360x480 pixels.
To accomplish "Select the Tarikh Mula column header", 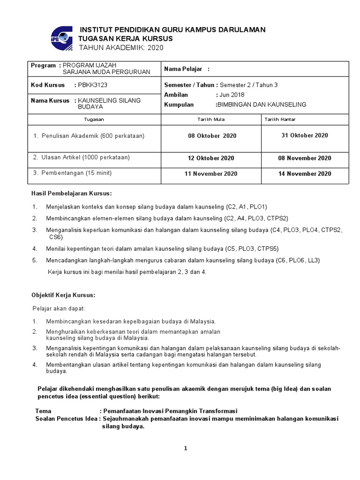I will pyautogui.click(x=212, y=120).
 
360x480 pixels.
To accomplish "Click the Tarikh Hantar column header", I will pyautogui.click(x=280, y=120).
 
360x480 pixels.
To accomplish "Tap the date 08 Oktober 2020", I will pyautogui.click(x=212, y=136).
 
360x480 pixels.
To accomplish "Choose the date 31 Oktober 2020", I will pyautogui.click(x=305, y=135).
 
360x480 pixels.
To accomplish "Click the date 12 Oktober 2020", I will pyautogui.click(x=211, y=158).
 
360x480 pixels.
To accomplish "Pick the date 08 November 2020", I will pyautogui.click(x=305, y=158).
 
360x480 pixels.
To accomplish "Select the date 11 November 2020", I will pyautogui.click(x=212, y=173).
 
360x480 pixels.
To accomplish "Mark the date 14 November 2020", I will pyautogui.click(x=305, y=173).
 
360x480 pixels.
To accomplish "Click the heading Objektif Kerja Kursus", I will pyautogui.click(x=63, y=295).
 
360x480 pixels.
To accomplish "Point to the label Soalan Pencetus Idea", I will pyautogui.click(x=67, y=419).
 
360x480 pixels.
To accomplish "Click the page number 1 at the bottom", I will pyautogui.click(x=186, y=448).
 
